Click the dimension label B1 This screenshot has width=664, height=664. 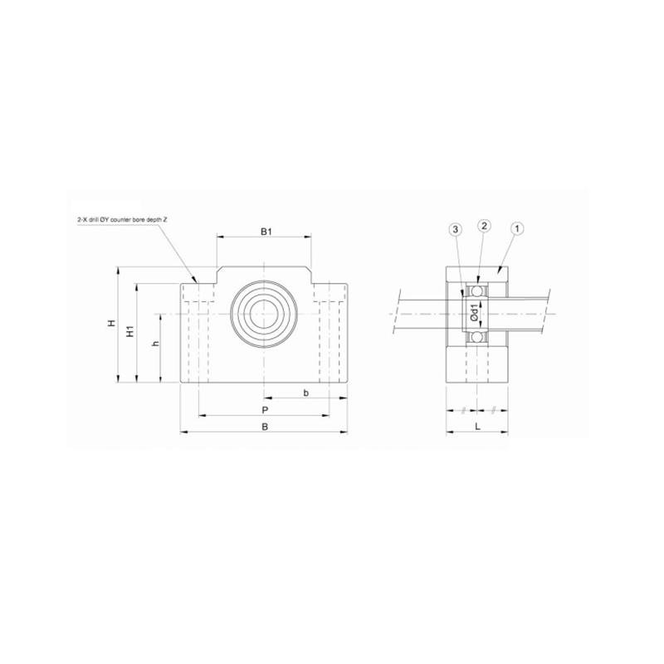click(x=264, y=232)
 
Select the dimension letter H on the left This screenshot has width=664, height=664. click(x=111, y=325)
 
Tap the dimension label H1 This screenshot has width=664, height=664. click(x=129, y=332)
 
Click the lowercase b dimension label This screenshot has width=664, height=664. click(x=306, y=392)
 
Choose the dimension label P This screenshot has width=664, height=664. click(x=264, y=411)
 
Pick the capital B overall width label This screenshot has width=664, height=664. click(x=264, y=427)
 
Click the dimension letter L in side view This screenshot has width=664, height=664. click(x=477, y=427)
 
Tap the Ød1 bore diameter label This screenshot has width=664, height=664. click(x=474, y=313)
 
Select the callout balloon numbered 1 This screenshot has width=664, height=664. click(x=516, y=227)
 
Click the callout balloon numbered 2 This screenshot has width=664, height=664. click(x=485, y=227)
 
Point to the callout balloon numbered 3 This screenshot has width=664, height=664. click(x=455, y=227)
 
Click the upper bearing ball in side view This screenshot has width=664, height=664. click(x=477, y=290)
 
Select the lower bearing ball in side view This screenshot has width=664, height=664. click(x=477, y=336)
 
